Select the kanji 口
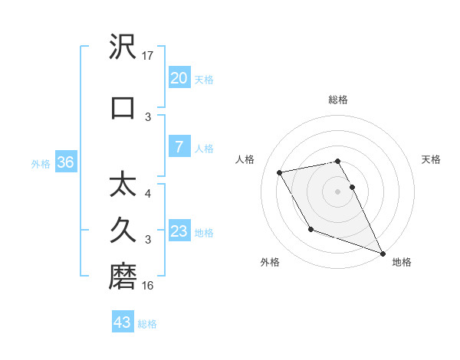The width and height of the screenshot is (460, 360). point(123,107)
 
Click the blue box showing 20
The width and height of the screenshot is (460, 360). point(179,78)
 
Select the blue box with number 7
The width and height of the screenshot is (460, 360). point(179,147)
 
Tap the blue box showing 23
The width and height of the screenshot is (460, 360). point(179,231)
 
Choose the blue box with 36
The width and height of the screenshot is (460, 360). point(65,162)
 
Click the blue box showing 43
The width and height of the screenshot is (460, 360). point(123,322)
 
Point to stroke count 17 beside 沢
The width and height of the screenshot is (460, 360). point(149,55)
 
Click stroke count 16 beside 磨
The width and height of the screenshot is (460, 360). point(149,286)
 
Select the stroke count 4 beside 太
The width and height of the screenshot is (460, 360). point(148,194)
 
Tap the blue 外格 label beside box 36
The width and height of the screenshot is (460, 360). point(40,163)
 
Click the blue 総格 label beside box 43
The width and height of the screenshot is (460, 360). point(147,323)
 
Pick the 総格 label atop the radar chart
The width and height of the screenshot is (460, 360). point(338,100)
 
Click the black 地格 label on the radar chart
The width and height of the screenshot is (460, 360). point(402,262)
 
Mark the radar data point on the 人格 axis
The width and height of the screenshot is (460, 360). point(280,172)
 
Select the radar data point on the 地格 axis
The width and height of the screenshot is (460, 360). point(383,254)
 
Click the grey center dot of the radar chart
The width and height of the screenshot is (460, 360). point(338,191)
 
